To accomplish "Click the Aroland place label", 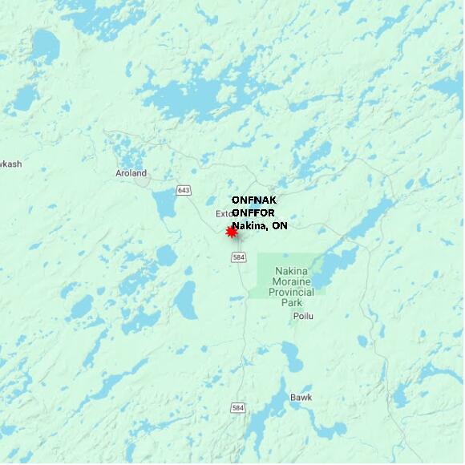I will point(131,173).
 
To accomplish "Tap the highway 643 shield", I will point(184,190).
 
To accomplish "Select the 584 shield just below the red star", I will point(238,257).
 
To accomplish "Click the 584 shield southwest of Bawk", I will point(237,408).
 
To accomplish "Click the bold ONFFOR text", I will point(254,212).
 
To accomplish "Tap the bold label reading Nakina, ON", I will point(260,226).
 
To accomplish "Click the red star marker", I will point(232,232).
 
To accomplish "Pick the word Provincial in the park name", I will point(292,293).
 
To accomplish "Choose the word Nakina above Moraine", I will point(290,271).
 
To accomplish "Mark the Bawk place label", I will point(301,397).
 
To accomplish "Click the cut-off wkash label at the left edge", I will point(10,164).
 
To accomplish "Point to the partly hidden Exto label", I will point(224,214).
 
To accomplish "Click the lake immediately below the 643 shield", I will point(166,206).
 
